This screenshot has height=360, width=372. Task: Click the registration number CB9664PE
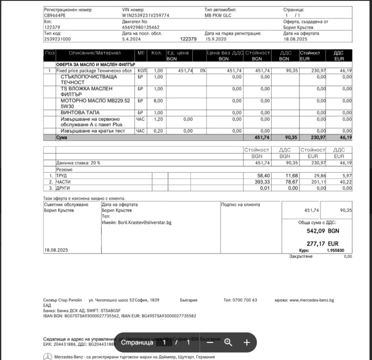(55, 15)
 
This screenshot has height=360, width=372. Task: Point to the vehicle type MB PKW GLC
(218, 15)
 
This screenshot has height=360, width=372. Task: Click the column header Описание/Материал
(95, 53)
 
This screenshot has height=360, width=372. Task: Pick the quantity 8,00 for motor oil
(158, 100)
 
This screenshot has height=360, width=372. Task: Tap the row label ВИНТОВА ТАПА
(80, 113)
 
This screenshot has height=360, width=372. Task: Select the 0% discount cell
(202, 71)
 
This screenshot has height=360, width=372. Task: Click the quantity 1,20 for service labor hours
(158, 119)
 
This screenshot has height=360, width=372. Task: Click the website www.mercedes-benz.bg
(312, 300)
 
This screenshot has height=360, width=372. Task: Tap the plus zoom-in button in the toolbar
(246, 343)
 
